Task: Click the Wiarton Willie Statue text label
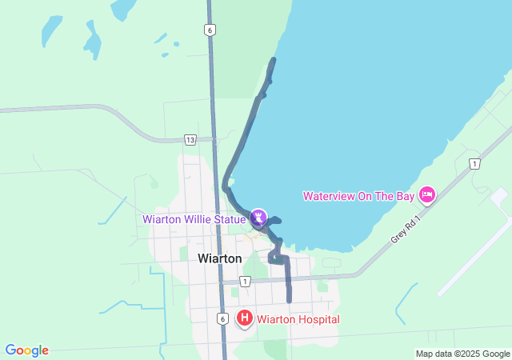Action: tap(194, 219)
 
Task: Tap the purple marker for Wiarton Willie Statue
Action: tap(258, 217)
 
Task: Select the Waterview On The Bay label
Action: tap(357, 196)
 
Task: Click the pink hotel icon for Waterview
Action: tap(427, 194)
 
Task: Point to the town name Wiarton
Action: tap(219, 258)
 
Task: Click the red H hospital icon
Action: tap(245, 319)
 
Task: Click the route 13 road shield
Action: tap(190, 139)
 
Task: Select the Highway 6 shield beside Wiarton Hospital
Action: tap(222, 318)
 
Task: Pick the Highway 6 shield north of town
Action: tap(209, 30)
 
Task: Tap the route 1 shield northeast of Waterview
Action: tap(474, 164)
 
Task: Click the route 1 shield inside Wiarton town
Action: tap(245, 281)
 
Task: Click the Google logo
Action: tap(26, 350)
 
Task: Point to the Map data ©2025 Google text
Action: tap(462, 354)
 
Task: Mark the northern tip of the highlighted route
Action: tap(274, 60)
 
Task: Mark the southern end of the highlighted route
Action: tap(289, 301)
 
